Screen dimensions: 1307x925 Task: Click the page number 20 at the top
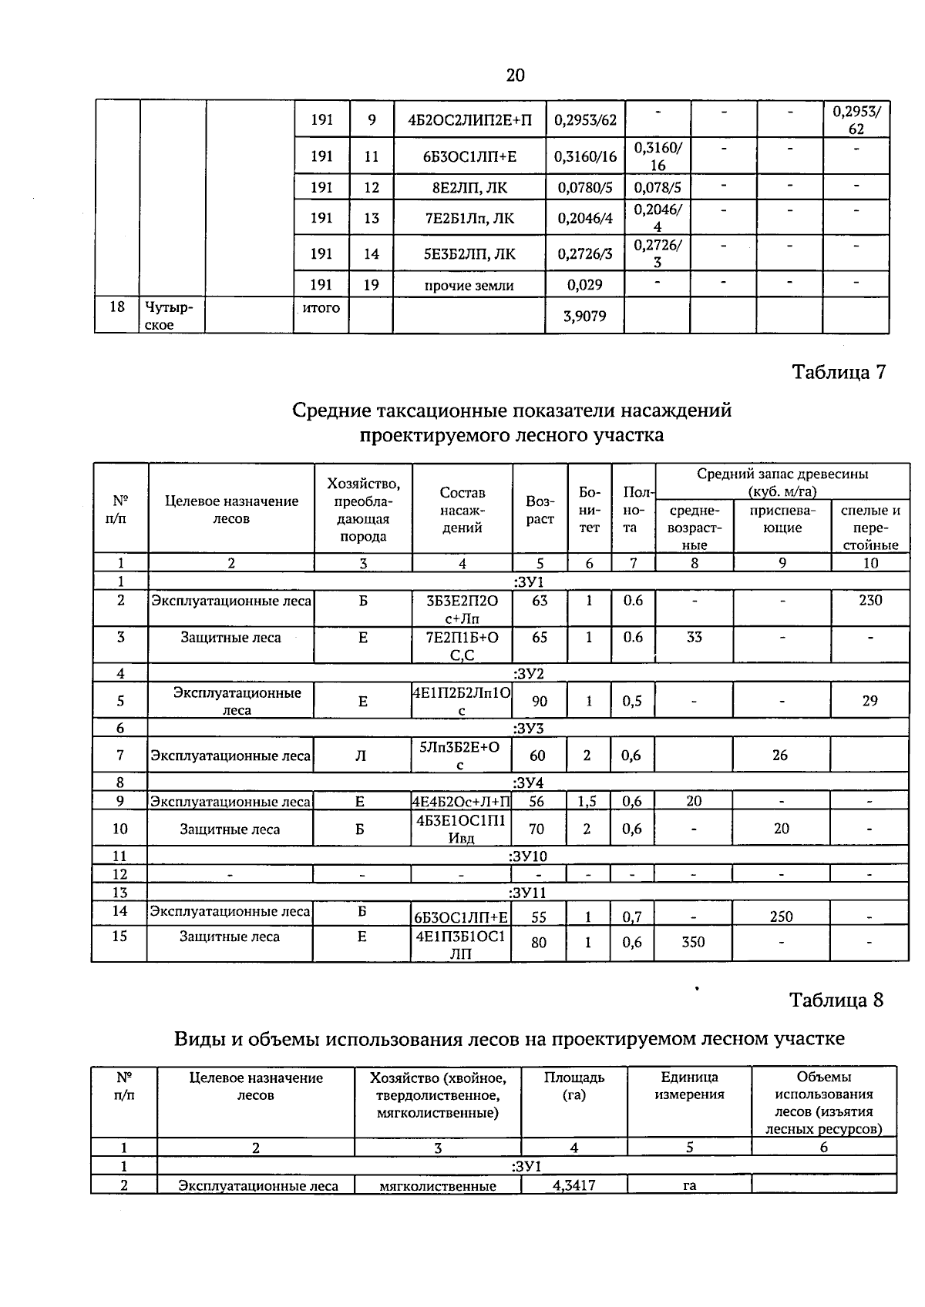515,75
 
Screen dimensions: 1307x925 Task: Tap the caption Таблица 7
839,372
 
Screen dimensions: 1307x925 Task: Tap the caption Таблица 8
836,1000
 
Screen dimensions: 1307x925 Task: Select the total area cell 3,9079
584,316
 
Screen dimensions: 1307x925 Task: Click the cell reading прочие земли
469,286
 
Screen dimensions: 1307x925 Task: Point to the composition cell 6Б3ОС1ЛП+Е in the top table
469,157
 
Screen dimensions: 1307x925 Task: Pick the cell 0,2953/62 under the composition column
585,120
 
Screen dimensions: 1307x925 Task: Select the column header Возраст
540,510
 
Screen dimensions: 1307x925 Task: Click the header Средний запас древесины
782,482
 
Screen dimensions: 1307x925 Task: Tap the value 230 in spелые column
870,600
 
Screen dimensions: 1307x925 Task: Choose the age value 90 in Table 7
539,701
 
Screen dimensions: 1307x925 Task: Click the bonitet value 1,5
587,801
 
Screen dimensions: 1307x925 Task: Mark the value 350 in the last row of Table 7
693,942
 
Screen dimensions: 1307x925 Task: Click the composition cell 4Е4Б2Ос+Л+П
461,802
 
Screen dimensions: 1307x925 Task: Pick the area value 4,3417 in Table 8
573,1185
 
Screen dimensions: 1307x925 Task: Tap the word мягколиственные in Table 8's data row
437,1186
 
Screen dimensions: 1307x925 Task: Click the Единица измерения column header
689,1086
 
